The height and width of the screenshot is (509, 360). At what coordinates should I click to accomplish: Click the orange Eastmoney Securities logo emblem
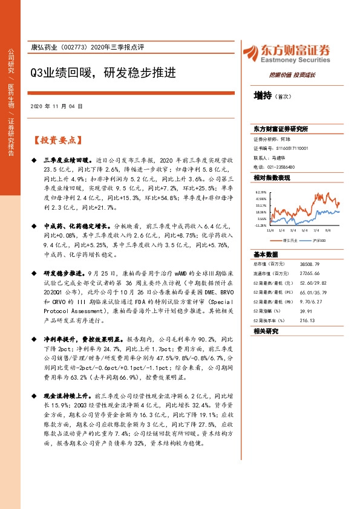(x=250, y=53)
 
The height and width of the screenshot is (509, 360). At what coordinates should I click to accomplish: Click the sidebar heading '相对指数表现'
(x=272, y=178)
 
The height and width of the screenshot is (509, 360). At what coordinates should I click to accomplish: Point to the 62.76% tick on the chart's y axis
(x=261, y=192)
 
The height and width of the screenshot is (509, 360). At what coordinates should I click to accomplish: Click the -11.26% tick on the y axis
(x=261, y=225)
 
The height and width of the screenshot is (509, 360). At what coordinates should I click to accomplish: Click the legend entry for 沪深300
(x=319, y=241)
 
